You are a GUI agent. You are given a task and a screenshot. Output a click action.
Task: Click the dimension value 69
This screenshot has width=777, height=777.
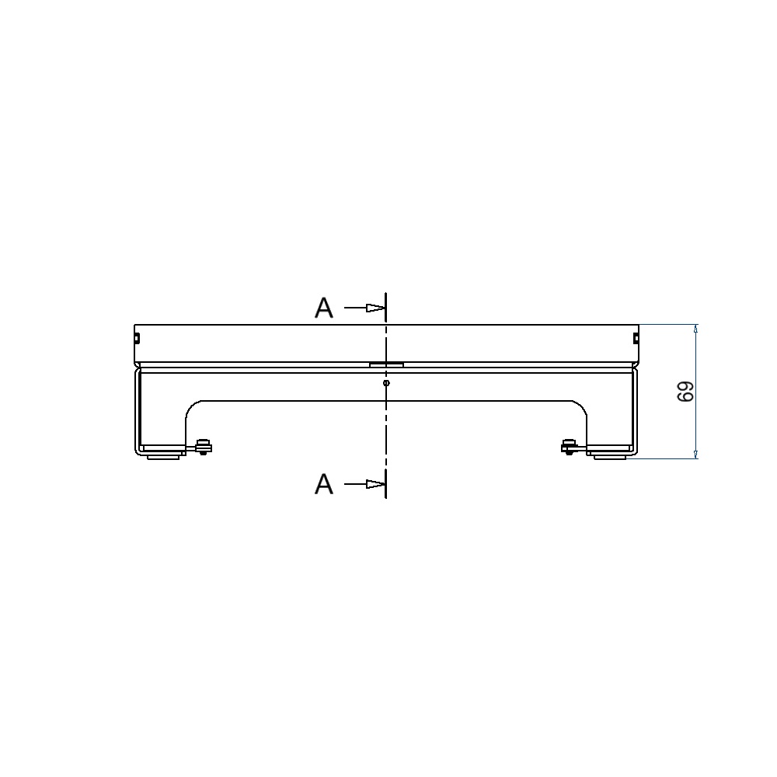(x=685, y=392)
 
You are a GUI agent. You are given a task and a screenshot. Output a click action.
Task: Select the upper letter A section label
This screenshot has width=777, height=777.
(x=324, y=308)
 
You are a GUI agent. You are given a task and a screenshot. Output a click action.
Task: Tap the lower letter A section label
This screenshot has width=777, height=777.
(x=324, y=483)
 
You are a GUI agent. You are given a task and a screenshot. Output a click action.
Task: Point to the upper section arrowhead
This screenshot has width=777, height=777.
(x=375, y=308)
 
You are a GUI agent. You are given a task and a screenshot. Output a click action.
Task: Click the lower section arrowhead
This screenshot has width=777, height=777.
(x=375, y=483)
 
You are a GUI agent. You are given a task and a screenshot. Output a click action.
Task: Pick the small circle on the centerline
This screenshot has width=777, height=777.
(x=386, y=382)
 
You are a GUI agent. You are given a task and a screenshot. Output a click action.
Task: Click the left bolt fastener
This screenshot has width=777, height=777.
(x=203, y=447)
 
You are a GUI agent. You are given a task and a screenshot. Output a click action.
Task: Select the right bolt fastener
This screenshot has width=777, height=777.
(x=570, y=447)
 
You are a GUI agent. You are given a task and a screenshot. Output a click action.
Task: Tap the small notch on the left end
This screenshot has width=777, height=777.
(x=138, y=339)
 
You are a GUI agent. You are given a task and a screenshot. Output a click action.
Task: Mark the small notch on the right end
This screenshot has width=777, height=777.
(x=636, y=339)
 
